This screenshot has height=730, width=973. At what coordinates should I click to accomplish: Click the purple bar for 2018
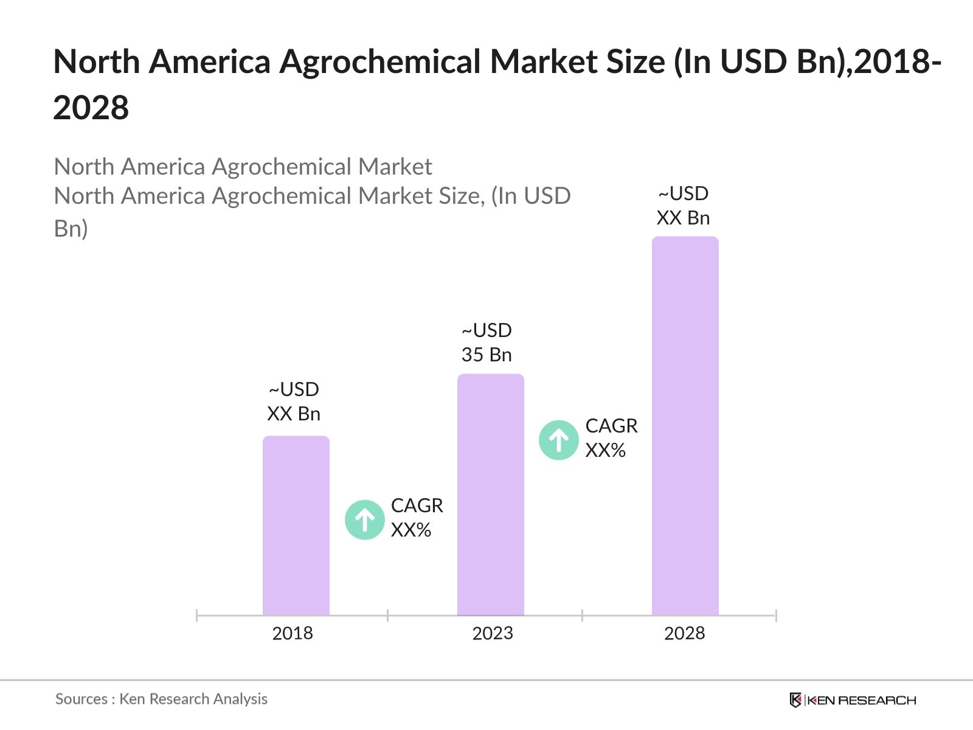point(296,526)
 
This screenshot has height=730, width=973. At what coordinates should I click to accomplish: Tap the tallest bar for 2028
point(685,426)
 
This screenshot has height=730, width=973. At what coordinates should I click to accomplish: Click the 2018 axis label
point(293,633)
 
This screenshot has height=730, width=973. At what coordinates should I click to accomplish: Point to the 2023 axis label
point(493,633)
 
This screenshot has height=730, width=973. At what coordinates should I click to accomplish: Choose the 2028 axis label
point(684,633)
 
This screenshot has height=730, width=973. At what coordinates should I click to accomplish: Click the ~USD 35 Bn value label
point(486,342)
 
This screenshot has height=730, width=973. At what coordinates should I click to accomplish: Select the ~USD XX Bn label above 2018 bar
point(294,401)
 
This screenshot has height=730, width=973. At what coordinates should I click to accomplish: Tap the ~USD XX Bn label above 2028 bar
point(683,206)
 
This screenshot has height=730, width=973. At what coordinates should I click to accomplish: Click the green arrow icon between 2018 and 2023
point(364,520)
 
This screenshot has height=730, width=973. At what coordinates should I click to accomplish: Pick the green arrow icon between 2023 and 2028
point(558,440)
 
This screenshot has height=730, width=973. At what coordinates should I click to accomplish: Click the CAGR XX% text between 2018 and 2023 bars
point(417,518)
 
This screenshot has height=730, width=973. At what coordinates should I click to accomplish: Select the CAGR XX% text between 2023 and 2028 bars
point(611,438)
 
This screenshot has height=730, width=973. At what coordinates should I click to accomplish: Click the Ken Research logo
point(852,700)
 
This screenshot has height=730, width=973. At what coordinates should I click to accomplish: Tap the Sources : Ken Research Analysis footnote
point(161,699)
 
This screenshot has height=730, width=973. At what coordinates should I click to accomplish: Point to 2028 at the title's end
point(91,108)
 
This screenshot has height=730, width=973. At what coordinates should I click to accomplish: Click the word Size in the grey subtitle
point(459,196)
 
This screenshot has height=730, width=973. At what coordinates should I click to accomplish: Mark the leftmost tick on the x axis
point(197,616)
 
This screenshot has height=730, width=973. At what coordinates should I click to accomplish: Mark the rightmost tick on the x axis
point(776,616)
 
